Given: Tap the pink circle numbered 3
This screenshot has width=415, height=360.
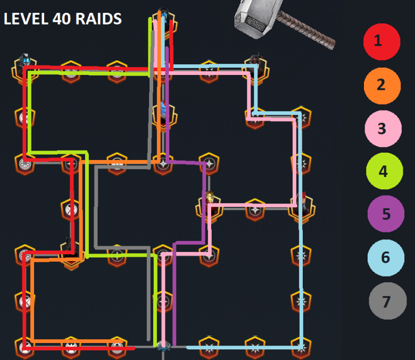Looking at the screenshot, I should pyautogui.click(x=382, y=128).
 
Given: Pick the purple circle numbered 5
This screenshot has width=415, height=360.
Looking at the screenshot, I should pyautogui.click(x=386, y=214).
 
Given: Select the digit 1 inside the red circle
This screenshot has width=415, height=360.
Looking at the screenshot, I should pyautogui.click(x=378, y=40).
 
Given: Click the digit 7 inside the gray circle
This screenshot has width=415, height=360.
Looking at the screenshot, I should pyautogui.click(x=387, y=302).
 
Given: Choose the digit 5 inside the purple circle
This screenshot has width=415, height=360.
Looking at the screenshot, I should pyautogui.click(x=386, y=214).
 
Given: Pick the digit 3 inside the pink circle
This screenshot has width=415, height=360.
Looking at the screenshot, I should pyautogui.click(x=381, y=128).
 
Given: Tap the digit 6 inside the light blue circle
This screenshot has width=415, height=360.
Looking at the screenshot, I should pyautogui.click(x=386, y=258).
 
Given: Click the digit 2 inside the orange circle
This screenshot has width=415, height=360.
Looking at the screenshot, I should pyautogui.click(x=381, y=85).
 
